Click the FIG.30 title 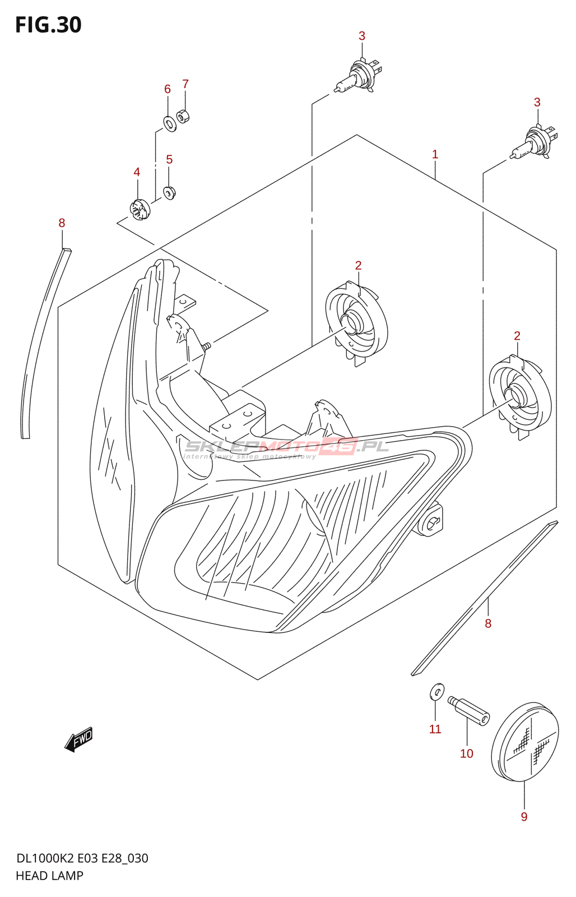click(x=48, y=25)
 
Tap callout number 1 click(x=435, y=154)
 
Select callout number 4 click(x=137, y=172)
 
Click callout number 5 click(x=169, y=160)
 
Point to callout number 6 click(x=167, y=89)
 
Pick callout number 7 click(x=185, y=84)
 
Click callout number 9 click(x=524, y=817)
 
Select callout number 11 click(x=435, y=729)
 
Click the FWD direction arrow click(x=79, y=739)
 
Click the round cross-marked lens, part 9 click(x=525, y=742)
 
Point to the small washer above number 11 click(x=437, y=692)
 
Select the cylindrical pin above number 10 click(x=469, y=710)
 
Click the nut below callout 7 click(x=183, y=117)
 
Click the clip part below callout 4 click(x=140, y=210)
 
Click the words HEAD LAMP click(x=49, y=876)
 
